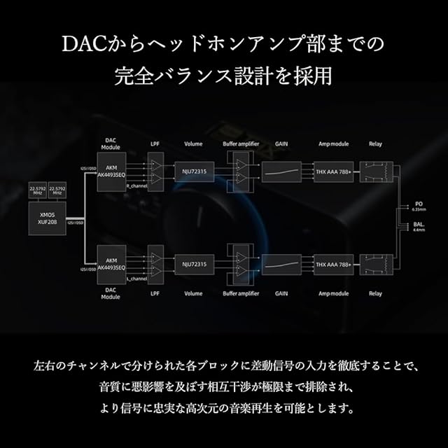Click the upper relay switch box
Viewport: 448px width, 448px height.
pos(377,171)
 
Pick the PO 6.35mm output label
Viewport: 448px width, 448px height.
pos(419,206)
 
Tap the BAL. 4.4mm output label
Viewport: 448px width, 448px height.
pos(419,226)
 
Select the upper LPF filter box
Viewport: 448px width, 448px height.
pos(155,171)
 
